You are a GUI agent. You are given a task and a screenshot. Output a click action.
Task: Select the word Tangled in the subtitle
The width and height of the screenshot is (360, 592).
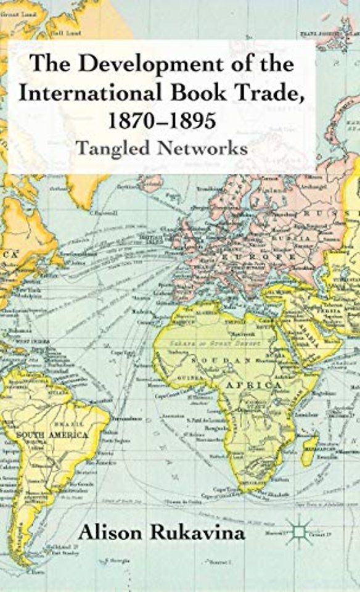(114, 149)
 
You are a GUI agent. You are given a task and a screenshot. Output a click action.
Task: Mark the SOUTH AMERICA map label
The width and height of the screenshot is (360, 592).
(52, 435)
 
